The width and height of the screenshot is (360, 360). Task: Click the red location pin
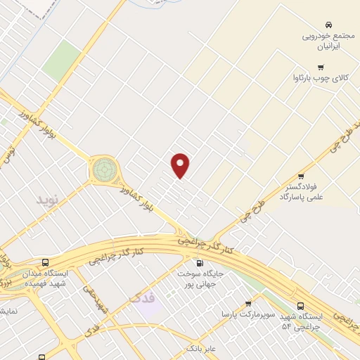tap(181, 165)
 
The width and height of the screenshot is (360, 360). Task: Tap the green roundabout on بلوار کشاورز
tap(104, 169)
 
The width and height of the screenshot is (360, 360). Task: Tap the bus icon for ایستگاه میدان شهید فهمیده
tap(46, 262)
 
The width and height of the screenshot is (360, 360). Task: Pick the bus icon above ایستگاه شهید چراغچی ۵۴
tap(301, 306)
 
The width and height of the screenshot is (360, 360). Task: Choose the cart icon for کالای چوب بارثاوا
tap(321, 67)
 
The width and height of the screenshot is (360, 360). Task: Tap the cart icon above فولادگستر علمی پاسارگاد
tap(302, 176)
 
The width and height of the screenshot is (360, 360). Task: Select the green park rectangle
tap(62, 60)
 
